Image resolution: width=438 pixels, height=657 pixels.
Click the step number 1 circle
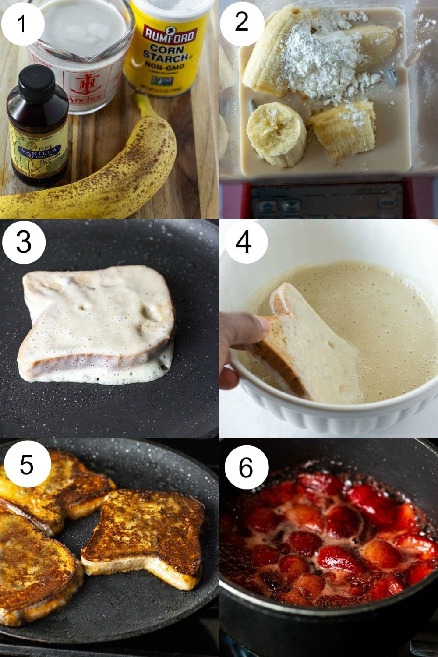[22, 21]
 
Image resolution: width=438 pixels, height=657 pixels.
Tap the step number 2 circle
[241, 21]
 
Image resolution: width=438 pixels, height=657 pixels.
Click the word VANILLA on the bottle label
[37, 152]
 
